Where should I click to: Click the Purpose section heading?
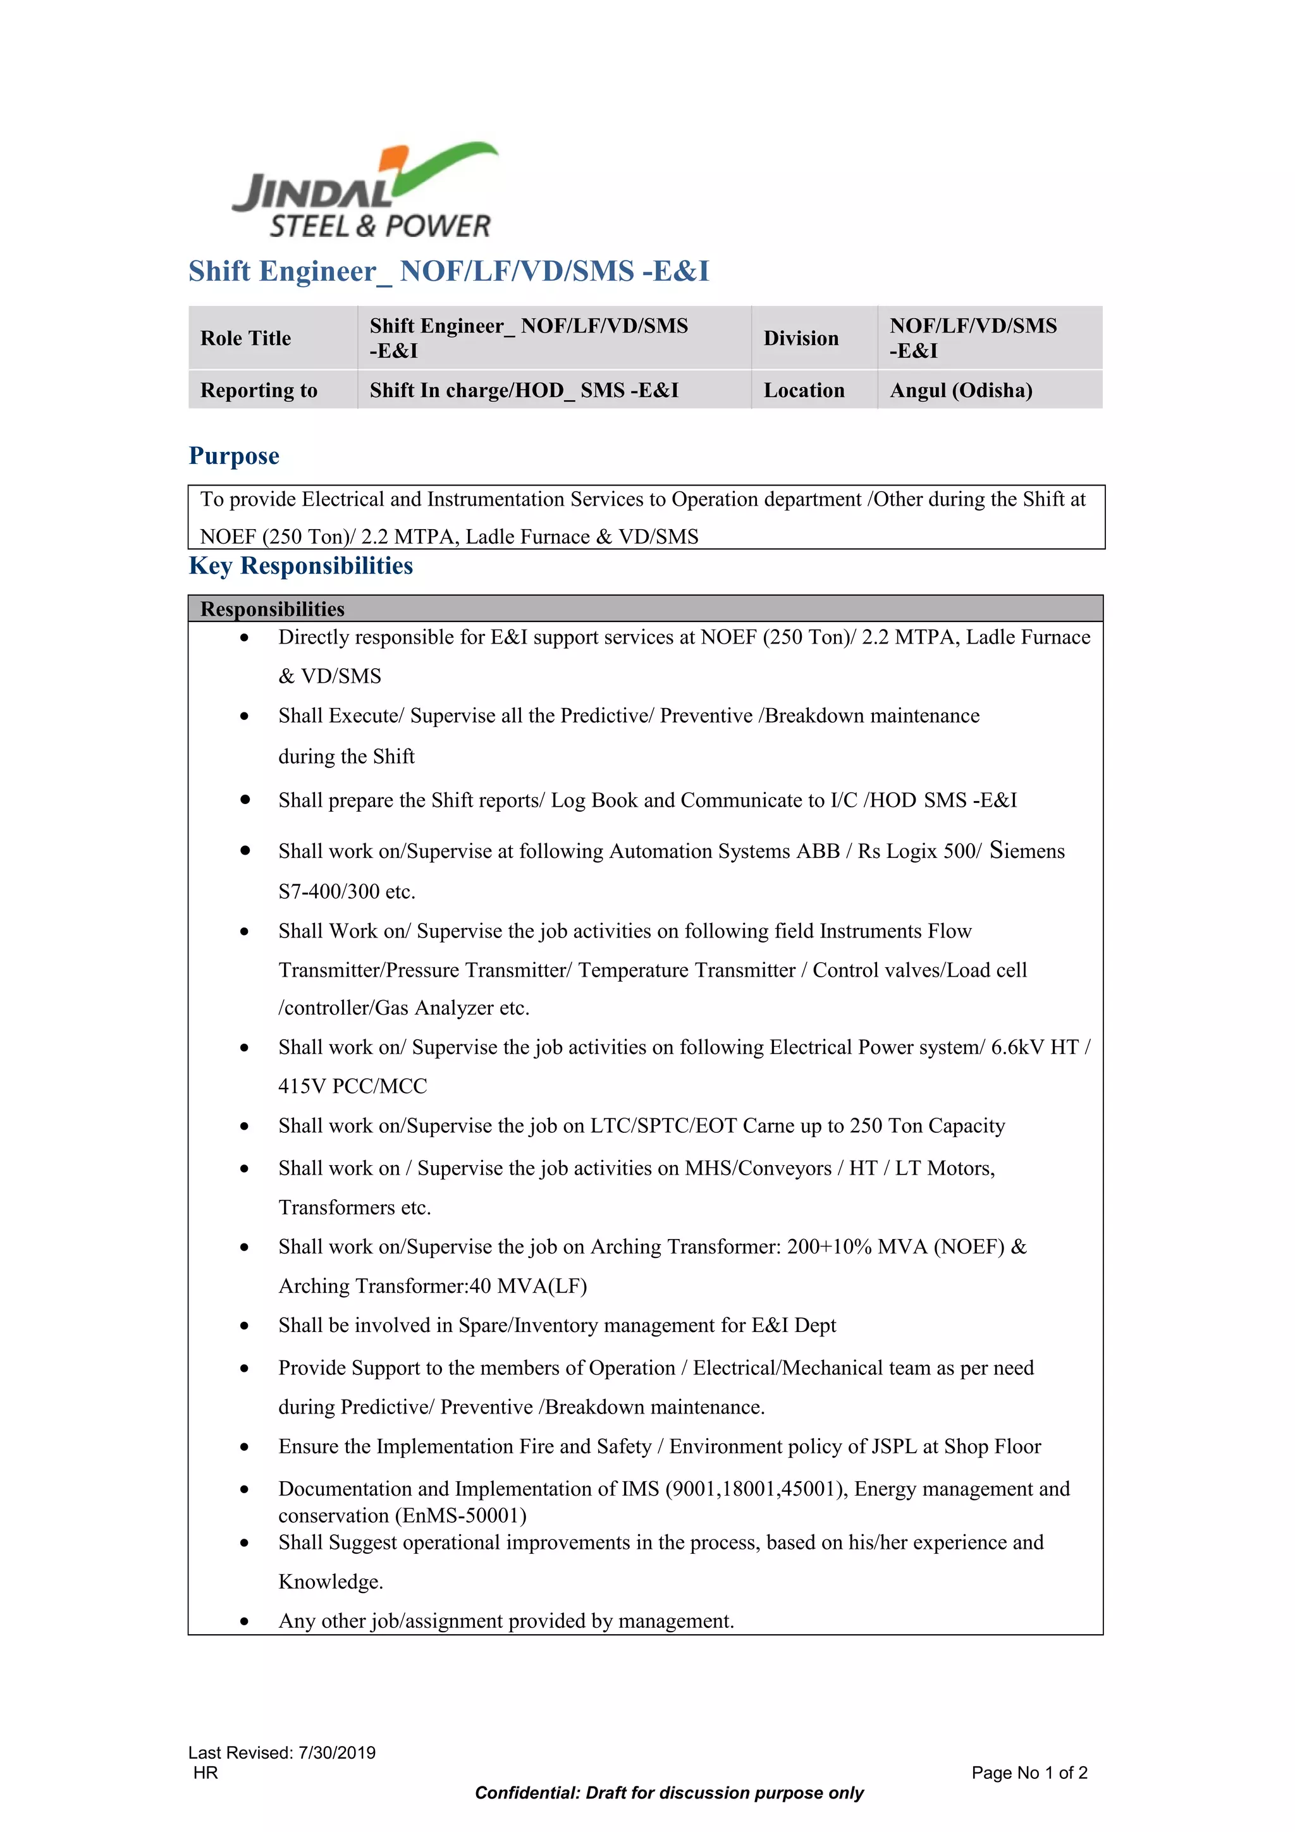point(234,456)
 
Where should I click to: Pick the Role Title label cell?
point(246,338)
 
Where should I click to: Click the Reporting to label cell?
point(259,390)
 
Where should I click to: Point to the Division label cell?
point(801,338)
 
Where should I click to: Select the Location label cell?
point(804,390)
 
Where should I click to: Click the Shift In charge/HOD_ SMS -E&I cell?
point(524,390)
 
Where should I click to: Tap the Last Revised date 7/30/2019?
point(337,1752)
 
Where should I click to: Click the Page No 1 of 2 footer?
point(1029,1773)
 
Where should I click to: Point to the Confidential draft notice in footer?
point(668,1793)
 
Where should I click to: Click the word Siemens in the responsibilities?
point(1026,851)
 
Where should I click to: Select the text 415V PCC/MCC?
point(353,1086)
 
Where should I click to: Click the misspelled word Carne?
point(768,1126)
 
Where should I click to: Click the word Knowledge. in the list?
point(330,1582)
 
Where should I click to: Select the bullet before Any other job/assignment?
point(244,1621)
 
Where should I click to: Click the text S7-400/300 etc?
point(347,891)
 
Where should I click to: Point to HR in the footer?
point(205,1773)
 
